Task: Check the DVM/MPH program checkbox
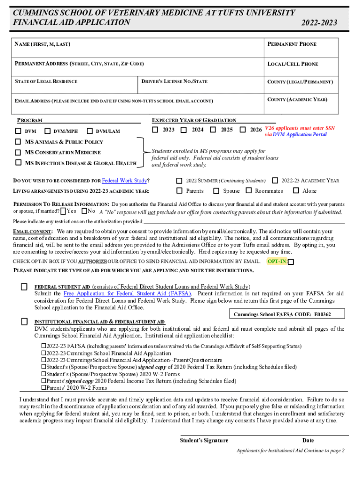click(47, 131)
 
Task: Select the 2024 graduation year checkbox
click(184, 130)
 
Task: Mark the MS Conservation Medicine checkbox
click(18, 152)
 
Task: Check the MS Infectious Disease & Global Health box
click(18, 163)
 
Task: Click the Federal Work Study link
click(124, 181)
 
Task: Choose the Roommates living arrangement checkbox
click(249, 190)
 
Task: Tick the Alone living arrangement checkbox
click(296, 190)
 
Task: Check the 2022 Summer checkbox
click(179, 181)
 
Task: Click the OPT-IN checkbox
click(291, 262)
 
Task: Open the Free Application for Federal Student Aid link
click(127, 293)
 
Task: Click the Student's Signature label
click(204, 440)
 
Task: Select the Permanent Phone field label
click(292, 44)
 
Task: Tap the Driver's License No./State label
click(174, 82)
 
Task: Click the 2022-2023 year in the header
click(319, 23)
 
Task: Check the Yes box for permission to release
click(63, 211)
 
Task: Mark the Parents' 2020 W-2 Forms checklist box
click(44, 387)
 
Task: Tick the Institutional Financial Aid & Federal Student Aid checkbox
click(24, 322)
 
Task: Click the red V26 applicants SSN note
click(300, 131)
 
